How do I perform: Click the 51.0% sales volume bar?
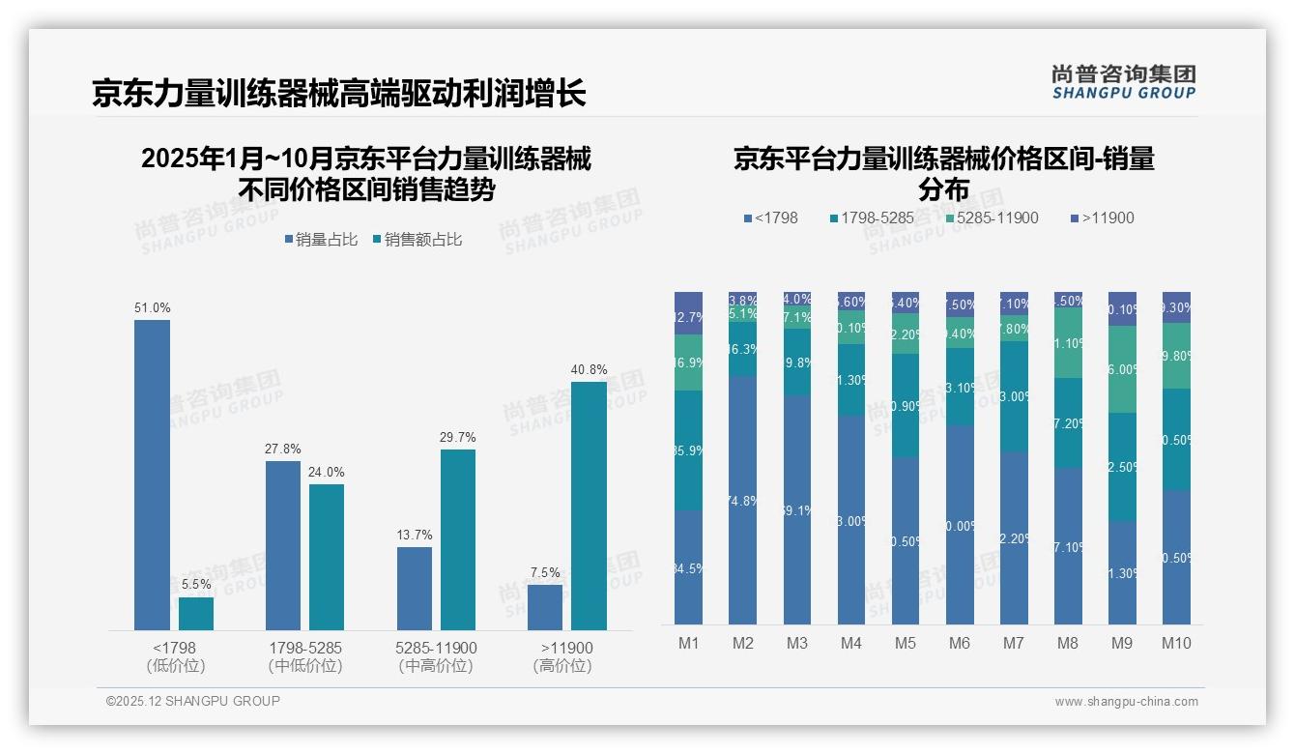click(x=152, y=475)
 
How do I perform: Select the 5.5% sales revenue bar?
click(x=196, y=614)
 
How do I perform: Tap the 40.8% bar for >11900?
click(x=589, y=506)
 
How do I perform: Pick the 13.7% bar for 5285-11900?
click(x=415, y=589)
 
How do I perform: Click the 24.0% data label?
click(x=327, y=472)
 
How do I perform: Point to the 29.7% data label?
click(x=458, y=437)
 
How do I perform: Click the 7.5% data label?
click(x=545, y=572)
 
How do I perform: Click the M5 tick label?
click(x=905, y=644)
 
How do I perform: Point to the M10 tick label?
click(x=1176, y=644)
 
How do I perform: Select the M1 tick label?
click(x=688, y=644)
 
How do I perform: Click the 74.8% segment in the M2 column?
click(x=742, y=500)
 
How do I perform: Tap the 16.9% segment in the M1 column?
click(x=688, y=362)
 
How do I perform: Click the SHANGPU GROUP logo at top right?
click(x=1123, y=82)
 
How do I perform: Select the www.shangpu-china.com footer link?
click(x=1126, y=702)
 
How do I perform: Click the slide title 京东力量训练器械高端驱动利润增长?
click(x=338, y=94)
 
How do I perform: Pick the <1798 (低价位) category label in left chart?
click(x=175, y=656)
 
